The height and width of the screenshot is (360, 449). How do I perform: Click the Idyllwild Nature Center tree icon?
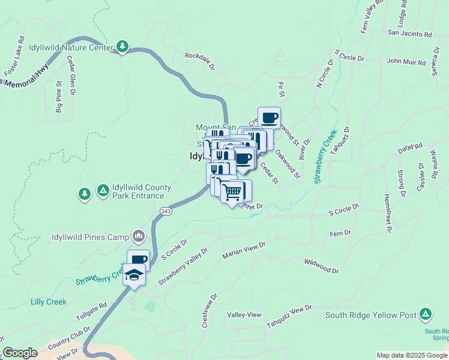tap(122, 46)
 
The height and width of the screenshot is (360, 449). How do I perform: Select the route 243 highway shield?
tap(166, 211)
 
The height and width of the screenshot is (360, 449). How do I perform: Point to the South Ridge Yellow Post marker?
tap(425, 314)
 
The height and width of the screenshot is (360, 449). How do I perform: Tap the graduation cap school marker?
tap(134, 277)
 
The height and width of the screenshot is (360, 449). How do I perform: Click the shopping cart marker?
tap(232, 192)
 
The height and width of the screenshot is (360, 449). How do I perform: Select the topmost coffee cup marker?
tap(269, 118)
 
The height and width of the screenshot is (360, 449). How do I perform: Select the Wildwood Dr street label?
tap(321, 266)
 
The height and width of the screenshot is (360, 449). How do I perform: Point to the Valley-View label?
tap(244, 315)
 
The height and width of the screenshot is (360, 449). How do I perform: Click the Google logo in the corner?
tap(20, 353)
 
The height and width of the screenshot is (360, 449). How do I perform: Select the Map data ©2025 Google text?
tap(412, 355)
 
